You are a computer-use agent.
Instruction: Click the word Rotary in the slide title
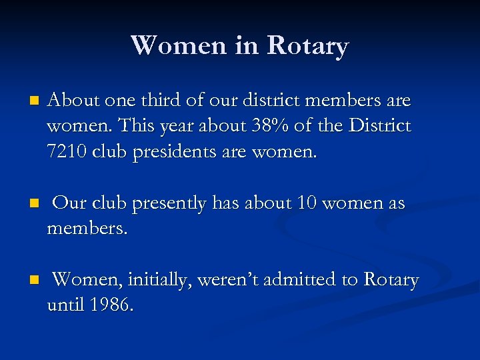[x=307, y=46]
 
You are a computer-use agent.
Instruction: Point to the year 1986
[x=111, y=305]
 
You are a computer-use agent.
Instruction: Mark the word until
[x=65, y=305]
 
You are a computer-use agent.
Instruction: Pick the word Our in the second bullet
[x=69, y=203]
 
